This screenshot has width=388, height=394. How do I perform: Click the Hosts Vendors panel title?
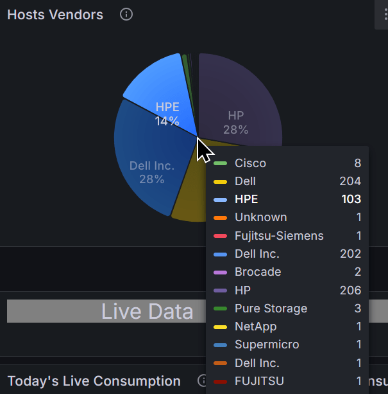[55, 15]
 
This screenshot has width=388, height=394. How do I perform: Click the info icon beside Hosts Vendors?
[126, 14]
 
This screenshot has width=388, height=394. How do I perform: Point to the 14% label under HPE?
[167, 121]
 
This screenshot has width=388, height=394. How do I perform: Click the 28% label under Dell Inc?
[152, 179]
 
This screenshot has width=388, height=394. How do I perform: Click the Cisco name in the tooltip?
[250, 163]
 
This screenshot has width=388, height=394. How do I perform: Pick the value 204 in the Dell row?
[350, 181]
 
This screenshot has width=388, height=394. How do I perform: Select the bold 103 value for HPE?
[351, 199]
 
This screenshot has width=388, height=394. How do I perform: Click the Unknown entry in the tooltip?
[260, 217]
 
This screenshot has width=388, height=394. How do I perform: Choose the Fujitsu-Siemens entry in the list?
[279, 236]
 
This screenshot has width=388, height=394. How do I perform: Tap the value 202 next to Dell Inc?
[350, 254]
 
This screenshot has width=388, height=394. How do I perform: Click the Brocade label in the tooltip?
[258, 272]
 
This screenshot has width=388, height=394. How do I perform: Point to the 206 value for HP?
[350, 291]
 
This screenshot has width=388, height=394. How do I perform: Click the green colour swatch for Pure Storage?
[221, 309]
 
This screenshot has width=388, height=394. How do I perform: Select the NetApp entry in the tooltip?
[255, 327]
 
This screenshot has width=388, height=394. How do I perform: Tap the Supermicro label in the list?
[267, 345]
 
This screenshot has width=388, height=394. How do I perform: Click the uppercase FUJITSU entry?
[259, 381]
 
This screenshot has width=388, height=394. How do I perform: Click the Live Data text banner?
[147, 312]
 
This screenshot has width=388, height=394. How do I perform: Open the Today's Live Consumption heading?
[94, 381]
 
